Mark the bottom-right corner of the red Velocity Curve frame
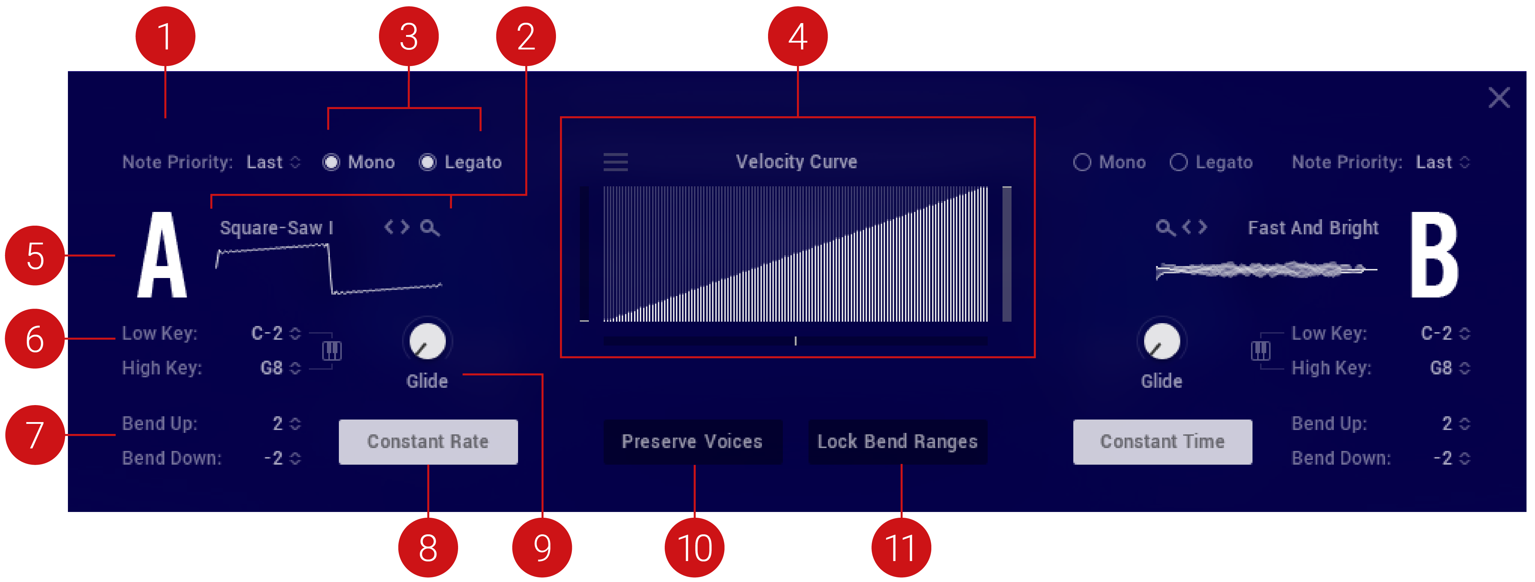1034,356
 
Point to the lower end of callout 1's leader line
165,117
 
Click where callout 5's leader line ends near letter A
115,255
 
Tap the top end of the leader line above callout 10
694,466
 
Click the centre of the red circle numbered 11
901,547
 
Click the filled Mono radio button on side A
331,162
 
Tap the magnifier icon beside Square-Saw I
430,227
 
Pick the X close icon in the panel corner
1499,97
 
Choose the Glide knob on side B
1161,341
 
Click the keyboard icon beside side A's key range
332,350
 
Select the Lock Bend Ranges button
897,442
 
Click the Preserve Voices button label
693,442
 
